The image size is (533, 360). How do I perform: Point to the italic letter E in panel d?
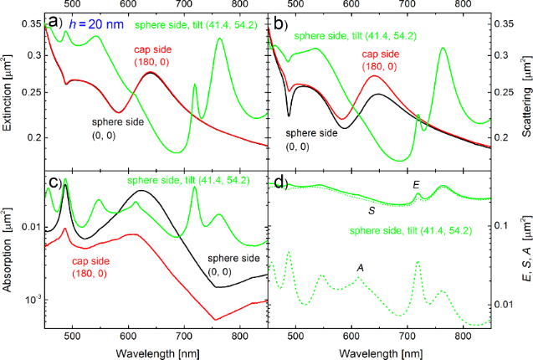(x=416, y=183)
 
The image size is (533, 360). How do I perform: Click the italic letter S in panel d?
(x=371, y=211)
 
